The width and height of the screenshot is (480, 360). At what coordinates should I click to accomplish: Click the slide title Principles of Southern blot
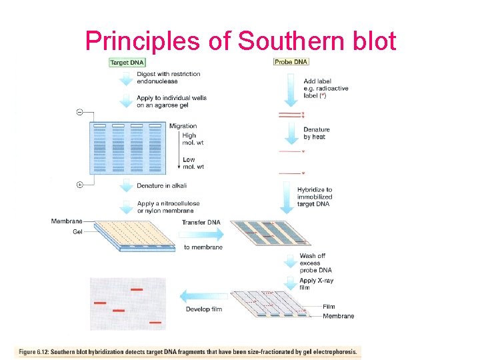[241, 41]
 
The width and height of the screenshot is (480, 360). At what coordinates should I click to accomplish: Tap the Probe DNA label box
[291, 63]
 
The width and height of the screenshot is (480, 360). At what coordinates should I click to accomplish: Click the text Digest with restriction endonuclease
[168, 77]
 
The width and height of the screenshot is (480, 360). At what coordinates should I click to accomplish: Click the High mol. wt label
[189, 139]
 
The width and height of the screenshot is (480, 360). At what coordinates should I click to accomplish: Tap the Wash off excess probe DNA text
[315, 263]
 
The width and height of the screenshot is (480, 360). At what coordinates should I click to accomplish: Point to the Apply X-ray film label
[316, 284]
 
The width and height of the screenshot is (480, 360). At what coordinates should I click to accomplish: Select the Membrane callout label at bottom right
[338, 316]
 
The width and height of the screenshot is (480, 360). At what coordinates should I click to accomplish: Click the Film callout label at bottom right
[329, 307]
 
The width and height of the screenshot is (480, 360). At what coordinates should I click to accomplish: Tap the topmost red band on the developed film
[137, 290]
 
